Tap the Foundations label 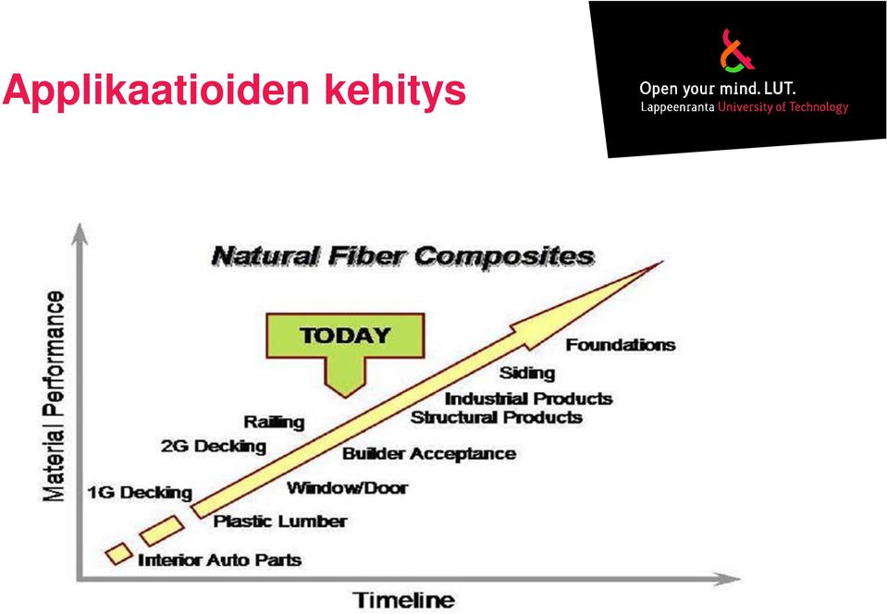click(x=621, y=345)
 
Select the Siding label click(x=526, y=374)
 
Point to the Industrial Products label click(x=528, y=399)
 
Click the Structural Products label click(x=496, y=418)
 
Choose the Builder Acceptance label click(x=429, y=454)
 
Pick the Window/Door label click(x=347, y=488)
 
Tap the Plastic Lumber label click(x=280, y=522)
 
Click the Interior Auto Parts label click(x=219, y=560)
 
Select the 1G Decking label click(x=140, y=493)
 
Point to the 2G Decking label click(x=214, y=446)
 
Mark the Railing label click(x=274, y=423)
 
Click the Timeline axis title click(x=403, y=600)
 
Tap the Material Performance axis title click(x=54, y=396)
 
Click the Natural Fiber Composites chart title click(x=402, y=257)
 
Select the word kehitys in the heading click(x=395, y=90)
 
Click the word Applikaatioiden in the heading click(x=156, y=91)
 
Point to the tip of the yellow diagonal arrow click(x=662, y=262)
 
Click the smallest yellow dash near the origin click(x=118, y=554)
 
